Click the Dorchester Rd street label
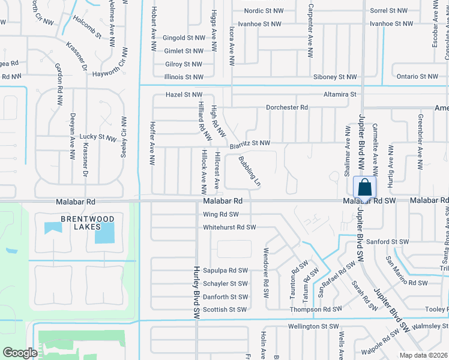(287, 107)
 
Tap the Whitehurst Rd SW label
(229, 227)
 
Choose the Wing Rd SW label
(221, 214)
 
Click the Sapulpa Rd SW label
(225, 271)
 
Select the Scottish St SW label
(225, 310)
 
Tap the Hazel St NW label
(184, 95)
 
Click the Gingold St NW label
(184, 38)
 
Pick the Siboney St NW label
(335, 77)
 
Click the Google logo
(20, 352)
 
